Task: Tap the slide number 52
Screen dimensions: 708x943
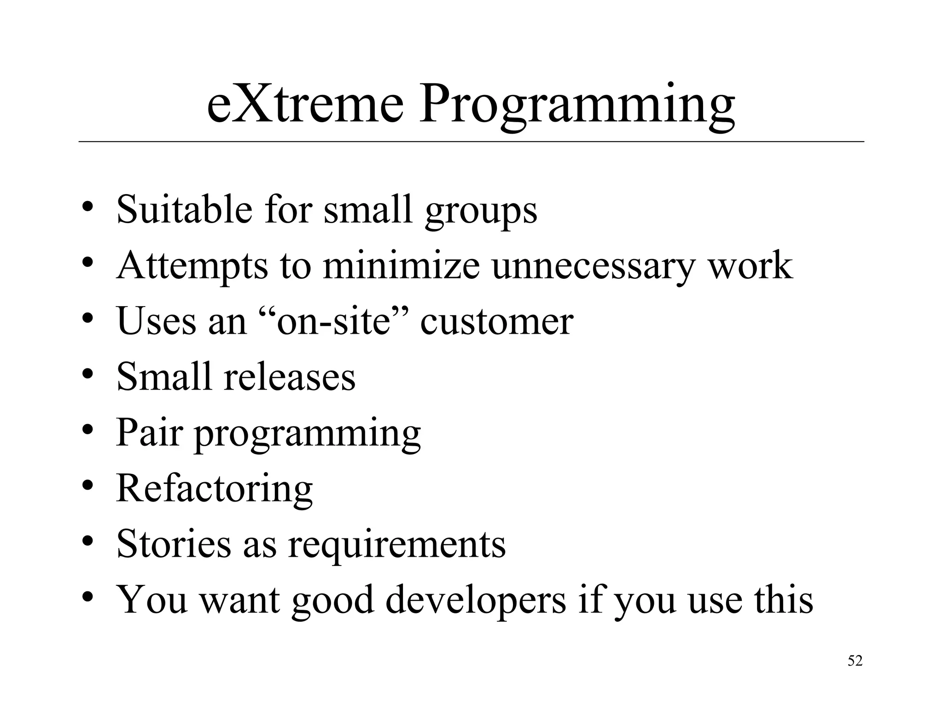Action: click(855, 661)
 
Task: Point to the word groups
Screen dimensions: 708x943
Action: click(481, 212)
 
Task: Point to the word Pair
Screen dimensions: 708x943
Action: click(149, 432)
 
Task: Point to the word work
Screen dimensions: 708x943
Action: click(750, 266)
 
